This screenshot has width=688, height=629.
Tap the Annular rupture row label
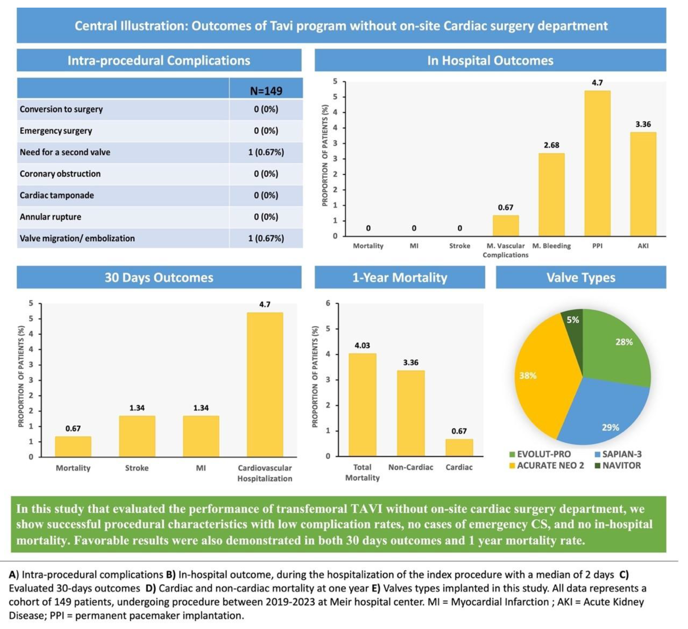(50, 217)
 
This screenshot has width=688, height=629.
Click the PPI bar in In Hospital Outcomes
(597, 164)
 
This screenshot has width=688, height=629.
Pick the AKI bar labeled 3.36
(643, 184)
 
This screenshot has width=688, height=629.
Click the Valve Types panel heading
(581, 277)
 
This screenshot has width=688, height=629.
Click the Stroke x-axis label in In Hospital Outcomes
(460, 246)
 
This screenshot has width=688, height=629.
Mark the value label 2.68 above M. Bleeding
(552, 145)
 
